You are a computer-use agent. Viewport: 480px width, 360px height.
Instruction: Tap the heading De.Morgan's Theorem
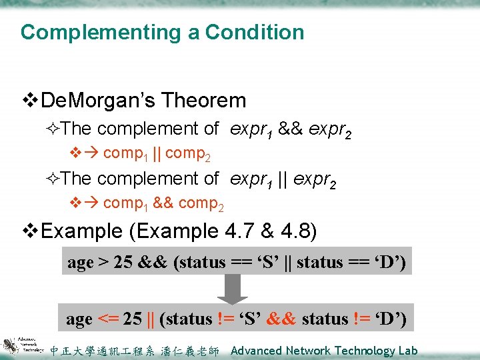point(143,101)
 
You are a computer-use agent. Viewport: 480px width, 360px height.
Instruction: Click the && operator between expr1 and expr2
point(290,128)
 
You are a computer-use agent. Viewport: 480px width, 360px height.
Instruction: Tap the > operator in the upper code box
point(104,263)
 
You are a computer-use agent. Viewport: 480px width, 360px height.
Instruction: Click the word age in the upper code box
point(80,263)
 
